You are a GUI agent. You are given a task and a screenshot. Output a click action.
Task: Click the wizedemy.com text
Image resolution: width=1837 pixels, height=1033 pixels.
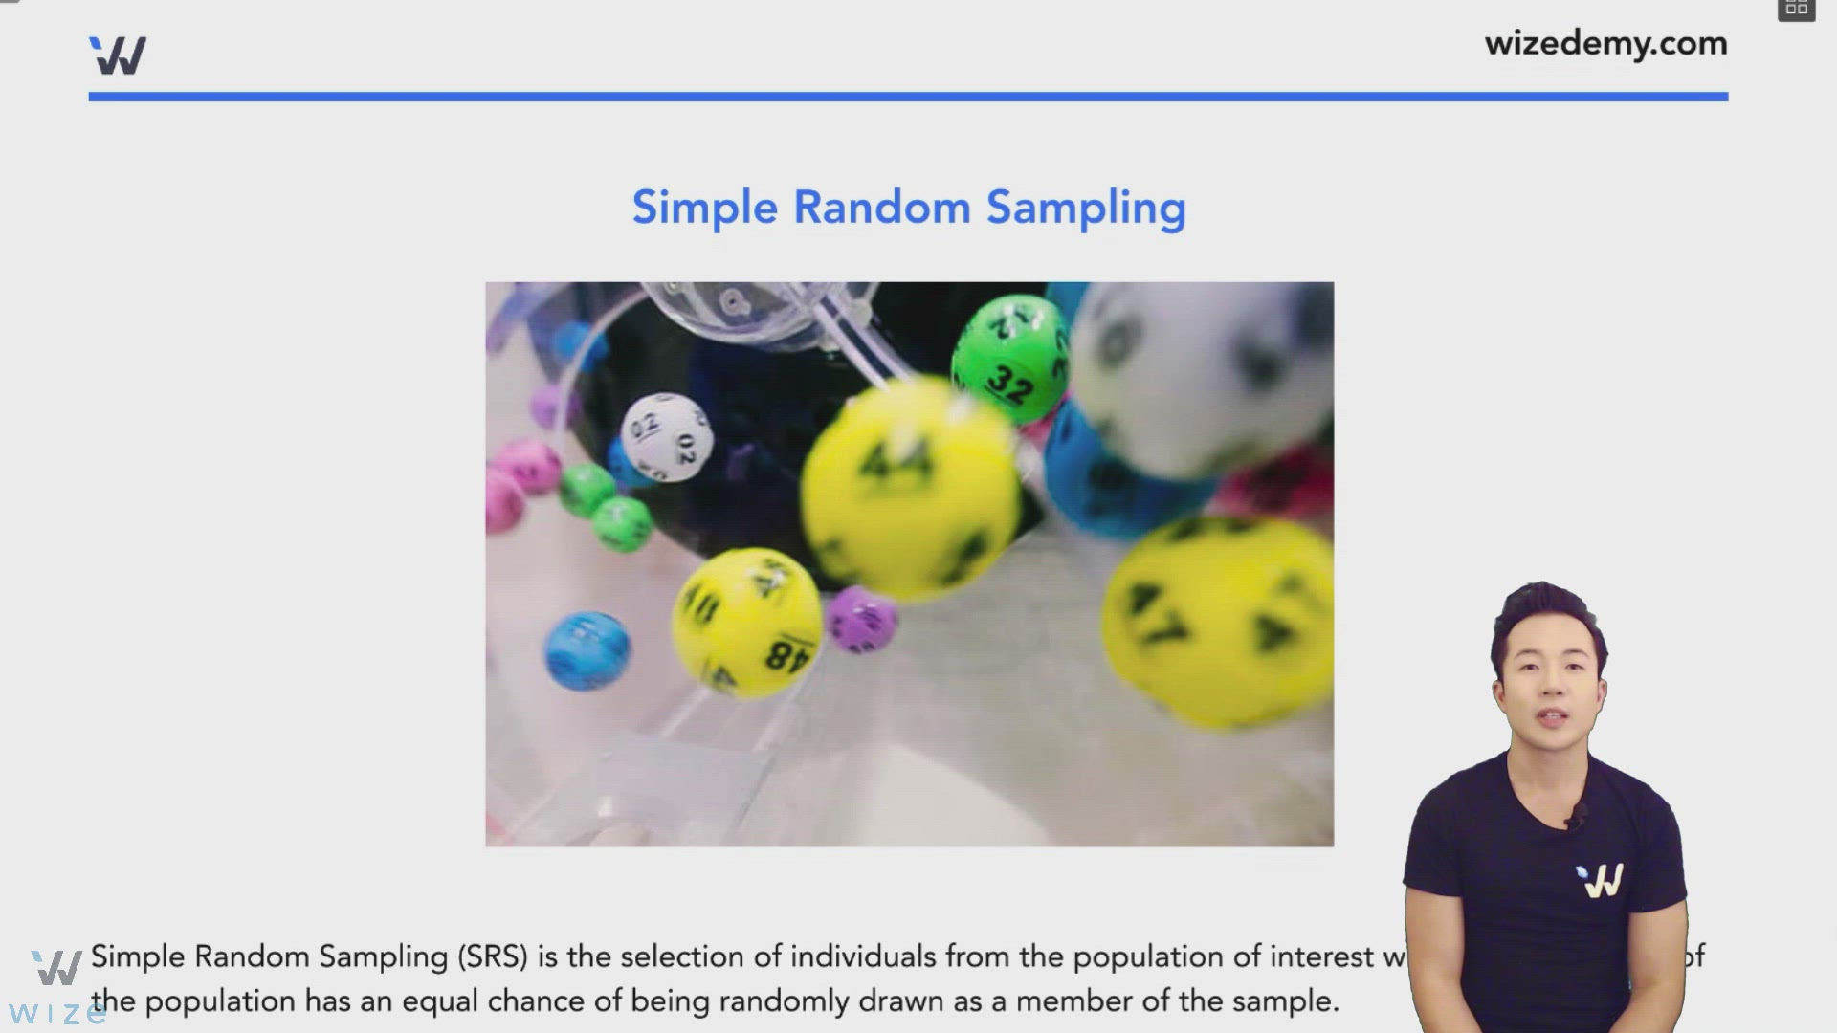1605,44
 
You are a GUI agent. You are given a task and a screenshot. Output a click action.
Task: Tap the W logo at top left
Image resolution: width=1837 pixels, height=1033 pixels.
118,55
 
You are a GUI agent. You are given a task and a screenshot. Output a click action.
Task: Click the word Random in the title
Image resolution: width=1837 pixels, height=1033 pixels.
881,208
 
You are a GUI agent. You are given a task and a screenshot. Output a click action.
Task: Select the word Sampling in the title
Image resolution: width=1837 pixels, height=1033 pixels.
1086,208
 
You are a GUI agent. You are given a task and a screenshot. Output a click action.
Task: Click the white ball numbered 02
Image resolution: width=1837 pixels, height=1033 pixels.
667,436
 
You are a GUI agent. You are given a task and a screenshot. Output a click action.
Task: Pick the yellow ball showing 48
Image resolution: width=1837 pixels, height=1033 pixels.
746,622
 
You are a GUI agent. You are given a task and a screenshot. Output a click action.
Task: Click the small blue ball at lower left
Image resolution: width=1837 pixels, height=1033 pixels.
587,650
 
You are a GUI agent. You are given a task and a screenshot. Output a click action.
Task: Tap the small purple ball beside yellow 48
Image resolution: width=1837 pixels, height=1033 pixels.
861,620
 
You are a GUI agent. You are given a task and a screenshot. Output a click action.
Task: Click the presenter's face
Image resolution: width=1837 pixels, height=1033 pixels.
1548,689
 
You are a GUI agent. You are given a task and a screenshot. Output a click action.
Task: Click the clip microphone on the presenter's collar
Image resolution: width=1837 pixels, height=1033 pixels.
1575,815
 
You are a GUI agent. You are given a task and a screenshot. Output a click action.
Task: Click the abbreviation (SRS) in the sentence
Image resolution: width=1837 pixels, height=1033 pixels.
493,956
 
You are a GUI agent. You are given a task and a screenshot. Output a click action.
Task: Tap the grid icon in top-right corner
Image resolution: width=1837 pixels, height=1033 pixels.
1796,9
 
